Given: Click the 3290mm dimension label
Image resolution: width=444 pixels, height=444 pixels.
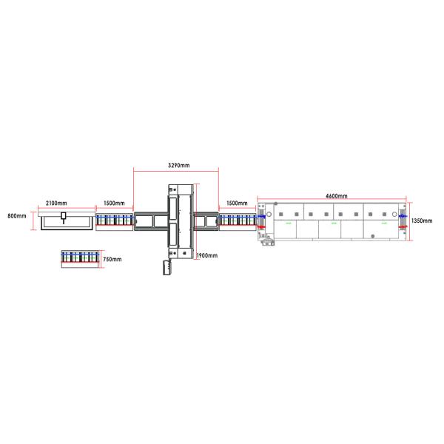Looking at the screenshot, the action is pyautogui.click(x=178, y=165).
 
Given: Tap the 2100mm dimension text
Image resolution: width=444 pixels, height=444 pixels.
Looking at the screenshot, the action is pyautogui.click(x=56, y=203).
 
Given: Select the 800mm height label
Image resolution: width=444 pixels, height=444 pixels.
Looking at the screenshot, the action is pyautogui.click(x=17, y=216).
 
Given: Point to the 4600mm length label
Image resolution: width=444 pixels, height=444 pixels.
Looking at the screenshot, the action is pyautogui.click(x=337, y=195).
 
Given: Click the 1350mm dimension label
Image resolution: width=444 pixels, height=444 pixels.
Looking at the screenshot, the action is pyautogui.click(x=422, y=221).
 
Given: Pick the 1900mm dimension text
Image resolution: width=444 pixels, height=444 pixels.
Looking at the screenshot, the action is pyautogui.click(x=207, y=255).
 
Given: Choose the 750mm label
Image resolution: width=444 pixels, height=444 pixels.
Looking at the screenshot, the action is pyautogui.click(x=112, y=259).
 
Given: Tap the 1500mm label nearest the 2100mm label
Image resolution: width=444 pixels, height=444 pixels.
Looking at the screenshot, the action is pyautogui.click(x=114, y=203).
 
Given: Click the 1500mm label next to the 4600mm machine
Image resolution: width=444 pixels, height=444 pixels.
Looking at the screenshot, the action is pyautogui.click(x=237, y=203).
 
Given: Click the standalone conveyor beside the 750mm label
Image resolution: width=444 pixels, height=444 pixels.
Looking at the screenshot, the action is pyautogui.click(x=80, y=259).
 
